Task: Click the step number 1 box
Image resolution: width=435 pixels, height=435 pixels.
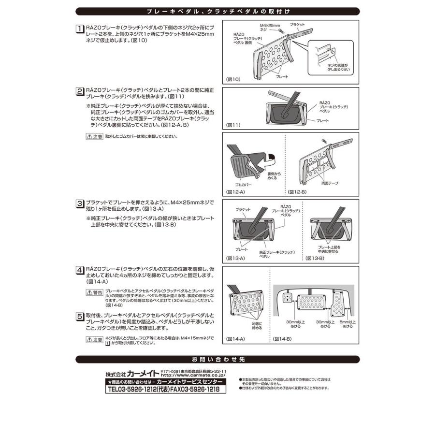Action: pyautogui.click(x=80, y=29)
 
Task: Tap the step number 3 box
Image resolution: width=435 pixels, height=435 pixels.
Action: pyautogui.click(x=80, y=203)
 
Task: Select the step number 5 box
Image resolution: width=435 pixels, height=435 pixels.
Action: pyautogui.click(x=80, y=317)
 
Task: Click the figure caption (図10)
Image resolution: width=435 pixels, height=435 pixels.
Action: pyautogui.click(x=233, y=79)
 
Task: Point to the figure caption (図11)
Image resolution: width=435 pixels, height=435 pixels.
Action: pyautogui.click(x=233, y=125)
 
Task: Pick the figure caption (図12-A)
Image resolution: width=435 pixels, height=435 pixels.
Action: pyautogui.click(x=236, y=192)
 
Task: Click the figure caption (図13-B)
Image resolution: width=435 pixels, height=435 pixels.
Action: pyautogui.click(x=315, y=259)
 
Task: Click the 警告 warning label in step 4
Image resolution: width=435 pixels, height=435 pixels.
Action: pyautogui.click(x=94, y=292)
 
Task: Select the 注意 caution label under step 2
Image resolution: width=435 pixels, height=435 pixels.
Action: pyautogui.click(x=94, y=136)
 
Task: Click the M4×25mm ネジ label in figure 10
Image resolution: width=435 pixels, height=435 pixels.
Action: pyautogui.click(x=269, y=27)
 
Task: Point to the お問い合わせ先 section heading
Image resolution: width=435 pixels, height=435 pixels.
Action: pyautogui.click(x=217, y=359)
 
